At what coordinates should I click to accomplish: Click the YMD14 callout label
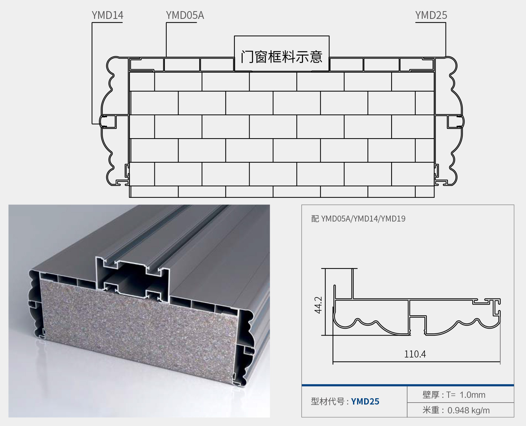click(x=107, y=15)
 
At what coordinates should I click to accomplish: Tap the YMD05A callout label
click(x=185, y=15)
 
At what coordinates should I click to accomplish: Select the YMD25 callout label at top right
click(x=431, y=15)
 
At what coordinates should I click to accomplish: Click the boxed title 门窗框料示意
click(x=282, y=57)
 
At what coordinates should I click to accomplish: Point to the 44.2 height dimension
click(x=318, y=305)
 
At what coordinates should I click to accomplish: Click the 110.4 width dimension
click(x=415, y=354)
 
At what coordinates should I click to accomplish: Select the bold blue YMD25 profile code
click(x=365, y=402)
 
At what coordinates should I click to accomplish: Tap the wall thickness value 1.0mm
click(x=472, y=395)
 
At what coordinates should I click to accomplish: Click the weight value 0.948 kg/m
click(x=469, y=410)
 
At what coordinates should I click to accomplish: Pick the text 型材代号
click(x=327, y=402)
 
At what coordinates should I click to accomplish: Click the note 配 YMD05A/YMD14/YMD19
click(x=358, y=219)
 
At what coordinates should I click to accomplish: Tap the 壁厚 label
click(x=431, y=395)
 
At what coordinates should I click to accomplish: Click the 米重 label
click(x=431, y=410)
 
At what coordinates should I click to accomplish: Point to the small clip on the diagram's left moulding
click(x=108, y=121)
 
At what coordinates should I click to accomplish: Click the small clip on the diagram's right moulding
click(x=456, y=122)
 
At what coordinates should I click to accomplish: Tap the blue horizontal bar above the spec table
click(x=408, y=385)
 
